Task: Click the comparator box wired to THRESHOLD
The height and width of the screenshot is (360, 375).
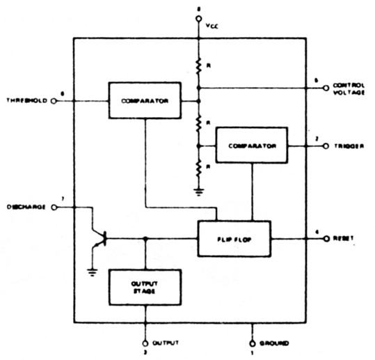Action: pyautogui.click(x=144, y=100)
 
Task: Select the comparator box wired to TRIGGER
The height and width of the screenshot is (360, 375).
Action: pyautogui.click(x=251, y=146)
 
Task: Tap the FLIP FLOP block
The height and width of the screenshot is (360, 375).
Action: pyautogui.click(x=234, y=238)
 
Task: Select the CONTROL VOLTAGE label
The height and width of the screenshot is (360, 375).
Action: pyautogui.click(x=349, y=88)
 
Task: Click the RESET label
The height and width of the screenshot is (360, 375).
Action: pyautogui.click(x=344, y=238)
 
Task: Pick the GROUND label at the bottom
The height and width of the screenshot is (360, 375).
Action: pyautogui.click(x=275, y=343)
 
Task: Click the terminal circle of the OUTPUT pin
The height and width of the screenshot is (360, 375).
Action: pyautogui.click(x=145, y=342)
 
